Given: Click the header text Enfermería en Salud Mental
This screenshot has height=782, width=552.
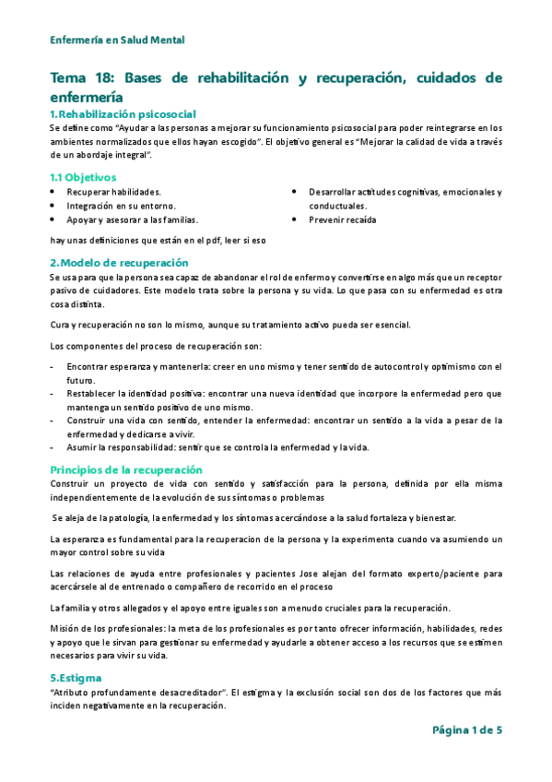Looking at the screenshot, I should pyautogui.click(x=117, y=40).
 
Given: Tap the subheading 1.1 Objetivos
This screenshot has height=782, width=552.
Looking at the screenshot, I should pyautogui.click(x=83, y=176).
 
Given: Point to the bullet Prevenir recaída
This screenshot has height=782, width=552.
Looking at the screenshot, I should pyautogui.click(x=343, y=220).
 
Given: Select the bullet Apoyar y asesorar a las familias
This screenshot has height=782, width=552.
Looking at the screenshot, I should pyautogui.click(x=132, y=220).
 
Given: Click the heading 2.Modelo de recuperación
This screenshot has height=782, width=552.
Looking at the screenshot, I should pyautogui.click(x=119, y=262).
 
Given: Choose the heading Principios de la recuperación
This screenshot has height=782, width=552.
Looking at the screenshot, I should pyautogui.click(x=125, y=468).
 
